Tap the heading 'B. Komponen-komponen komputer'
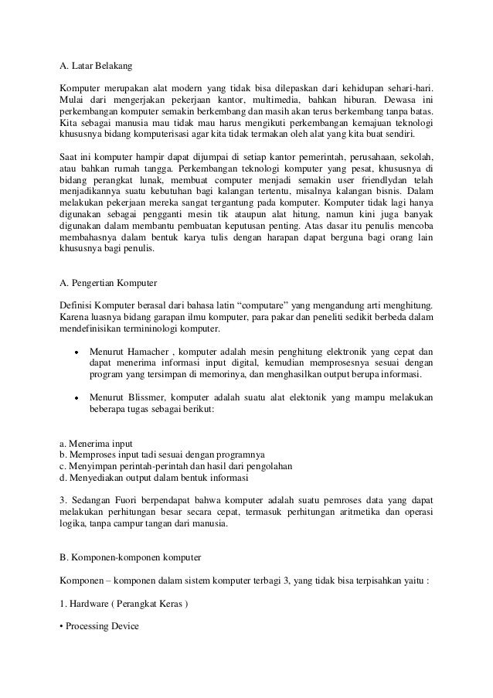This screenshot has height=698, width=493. (131, 557)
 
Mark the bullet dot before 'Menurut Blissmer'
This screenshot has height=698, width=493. (76, 398)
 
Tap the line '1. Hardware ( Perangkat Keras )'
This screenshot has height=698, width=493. (124, 601)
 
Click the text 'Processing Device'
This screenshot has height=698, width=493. (101, 625)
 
